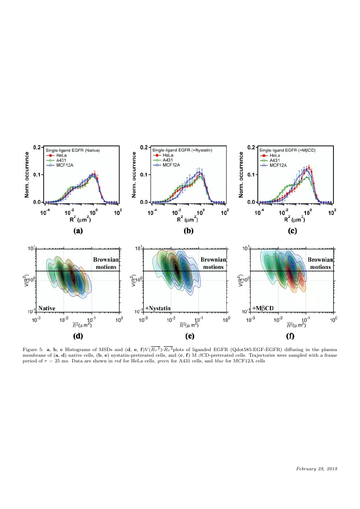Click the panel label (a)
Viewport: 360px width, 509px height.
pos(78,231)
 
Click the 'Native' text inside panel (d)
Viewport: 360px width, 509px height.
pos(47,308)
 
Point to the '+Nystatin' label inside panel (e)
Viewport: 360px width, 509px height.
pos(158,308)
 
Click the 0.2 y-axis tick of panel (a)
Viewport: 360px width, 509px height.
pos(37,147)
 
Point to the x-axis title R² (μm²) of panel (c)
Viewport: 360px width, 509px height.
pos(296,219)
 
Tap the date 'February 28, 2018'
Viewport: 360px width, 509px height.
pos(317,469)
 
